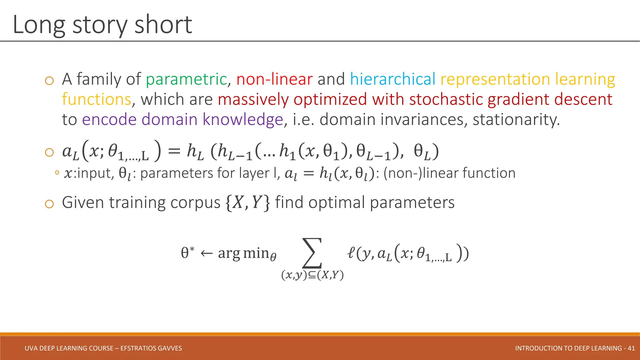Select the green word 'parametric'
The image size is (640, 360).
click(186, 79)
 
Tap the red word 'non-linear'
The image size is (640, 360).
click(274, 79)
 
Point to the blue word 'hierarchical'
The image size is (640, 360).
click(392, 79)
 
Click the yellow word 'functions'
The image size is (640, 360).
click(97, 99)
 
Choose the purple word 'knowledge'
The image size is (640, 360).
click(243, 119)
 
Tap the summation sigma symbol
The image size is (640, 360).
click(312, 253)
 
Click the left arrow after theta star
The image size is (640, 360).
click(206, 253)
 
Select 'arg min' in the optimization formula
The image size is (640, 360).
click(244, 253)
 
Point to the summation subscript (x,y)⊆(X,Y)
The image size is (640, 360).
click(312, 275)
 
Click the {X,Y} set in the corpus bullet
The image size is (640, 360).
click(247, 202)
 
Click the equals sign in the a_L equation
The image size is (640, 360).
click(174, 152)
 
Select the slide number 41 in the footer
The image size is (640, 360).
click(631, 348)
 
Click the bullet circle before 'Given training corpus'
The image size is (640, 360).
click(49, 204)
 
